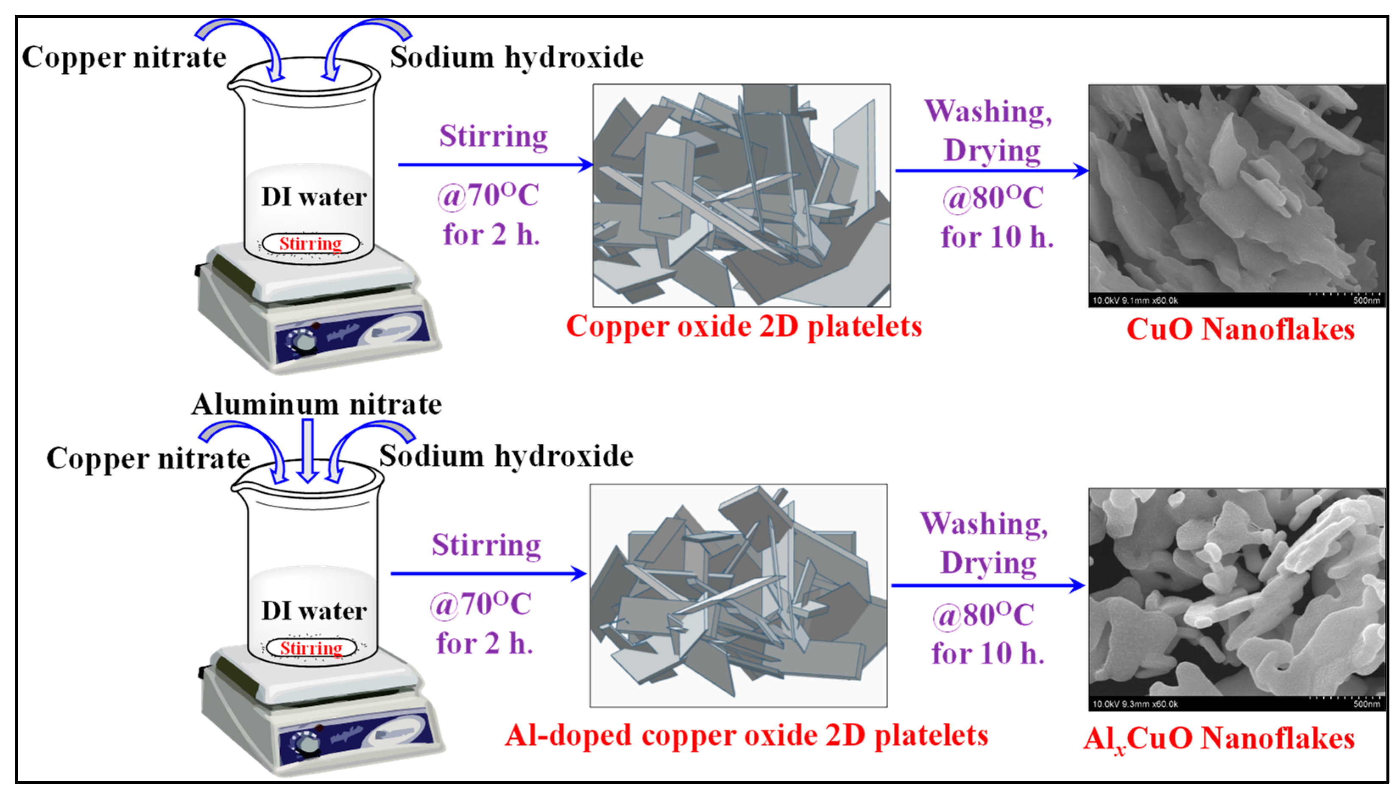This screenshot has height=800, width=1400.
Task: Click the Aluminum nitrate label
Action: tap(316, 405)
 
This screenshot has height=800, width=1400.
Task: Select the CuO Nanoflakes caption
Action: tap(1240, 330)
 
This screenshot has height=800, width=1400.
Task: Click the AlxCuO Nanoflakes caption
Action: tap(1219, 739)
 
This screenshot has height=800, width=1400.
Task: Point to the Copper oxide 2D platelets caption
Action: tap(744, 327)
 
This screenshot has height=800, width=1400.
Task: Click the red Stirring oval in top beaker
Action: tap(311, 243)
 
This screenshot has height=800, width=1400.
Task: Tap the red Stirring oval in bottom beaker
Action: tap(311, 648)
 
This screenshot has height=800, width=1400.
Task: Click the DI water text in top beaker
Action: tap(313, 197)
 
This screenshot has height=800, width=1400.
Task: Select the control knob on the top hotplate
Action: tap(304, 342)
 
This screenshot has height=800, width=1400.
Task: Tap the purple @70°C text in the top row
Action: tap(488, 196)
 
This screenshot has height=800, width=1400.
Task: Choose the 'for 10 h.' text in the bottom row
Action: tap(988, 654)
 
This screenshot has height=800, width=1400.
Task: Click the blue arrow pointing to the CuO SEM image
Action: tap(991, 171)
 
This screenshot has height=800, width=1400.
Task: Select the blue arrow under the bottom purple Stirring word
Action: tap(488, 573)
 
